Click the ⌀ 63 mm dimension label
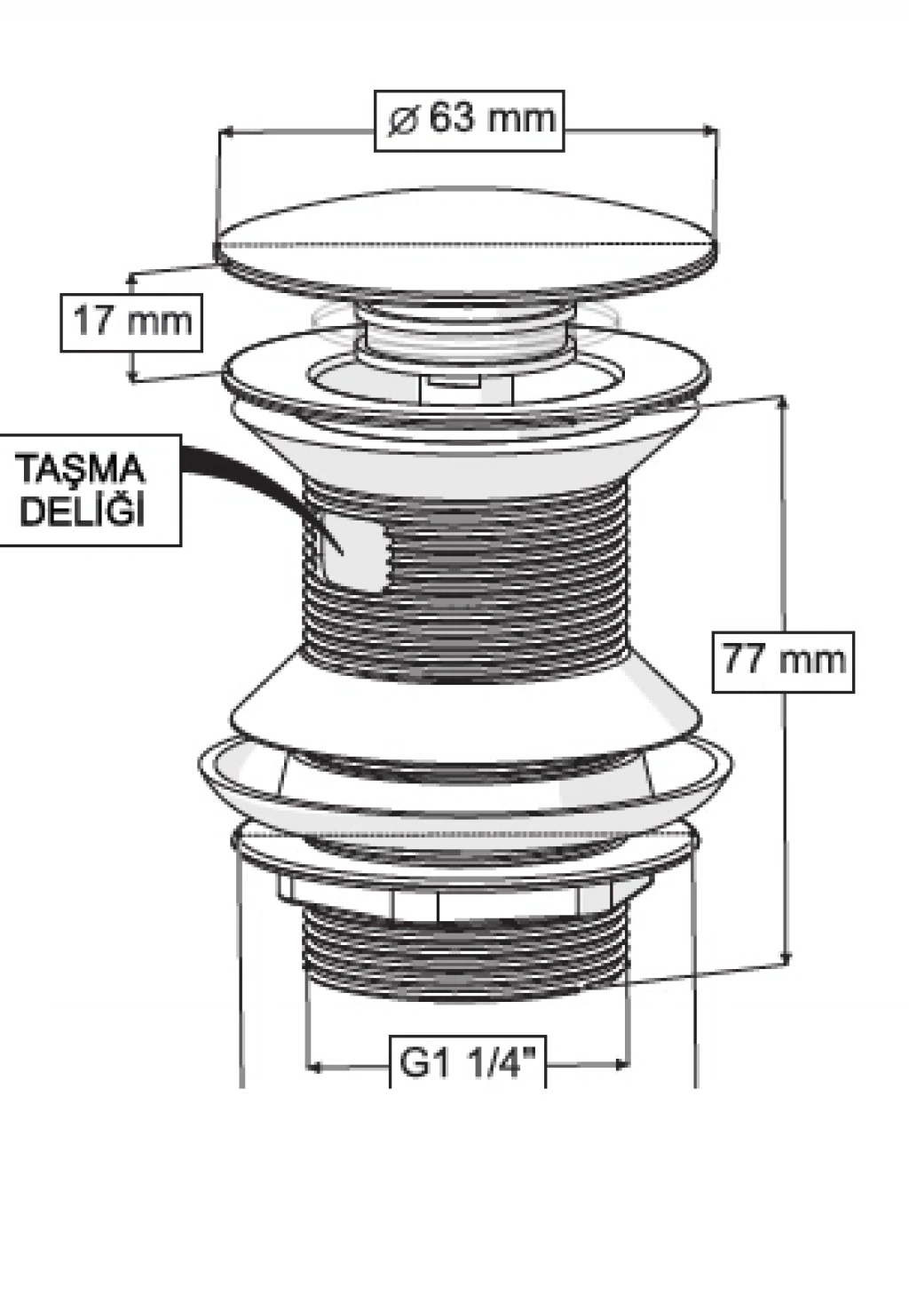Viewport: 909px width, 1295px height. pyautogui.click(x=469, y=121)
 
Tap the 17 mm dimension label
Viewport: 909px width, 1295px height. pyautogui.click(x=131, y=322)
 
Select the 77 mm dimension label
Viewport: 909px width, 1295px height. pyautogui.click(x=783, y=662)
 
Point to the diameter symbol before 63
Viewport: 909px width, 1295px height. pyautogui.click(x=403, y=122)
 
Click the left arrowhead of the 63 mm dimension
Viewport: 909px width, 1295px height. pyautogui.click(x=226, y=132)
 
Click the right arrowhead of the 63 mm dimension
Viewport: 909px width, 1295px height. pyautogui.click(x=710, y=131)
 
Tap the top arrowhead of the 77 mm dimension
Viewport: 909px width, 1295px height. pyautogui.click(x=783, y=403)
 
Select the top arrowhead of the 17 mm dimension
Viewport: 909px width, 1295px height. pyautogui.click(x=132, y=279)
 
